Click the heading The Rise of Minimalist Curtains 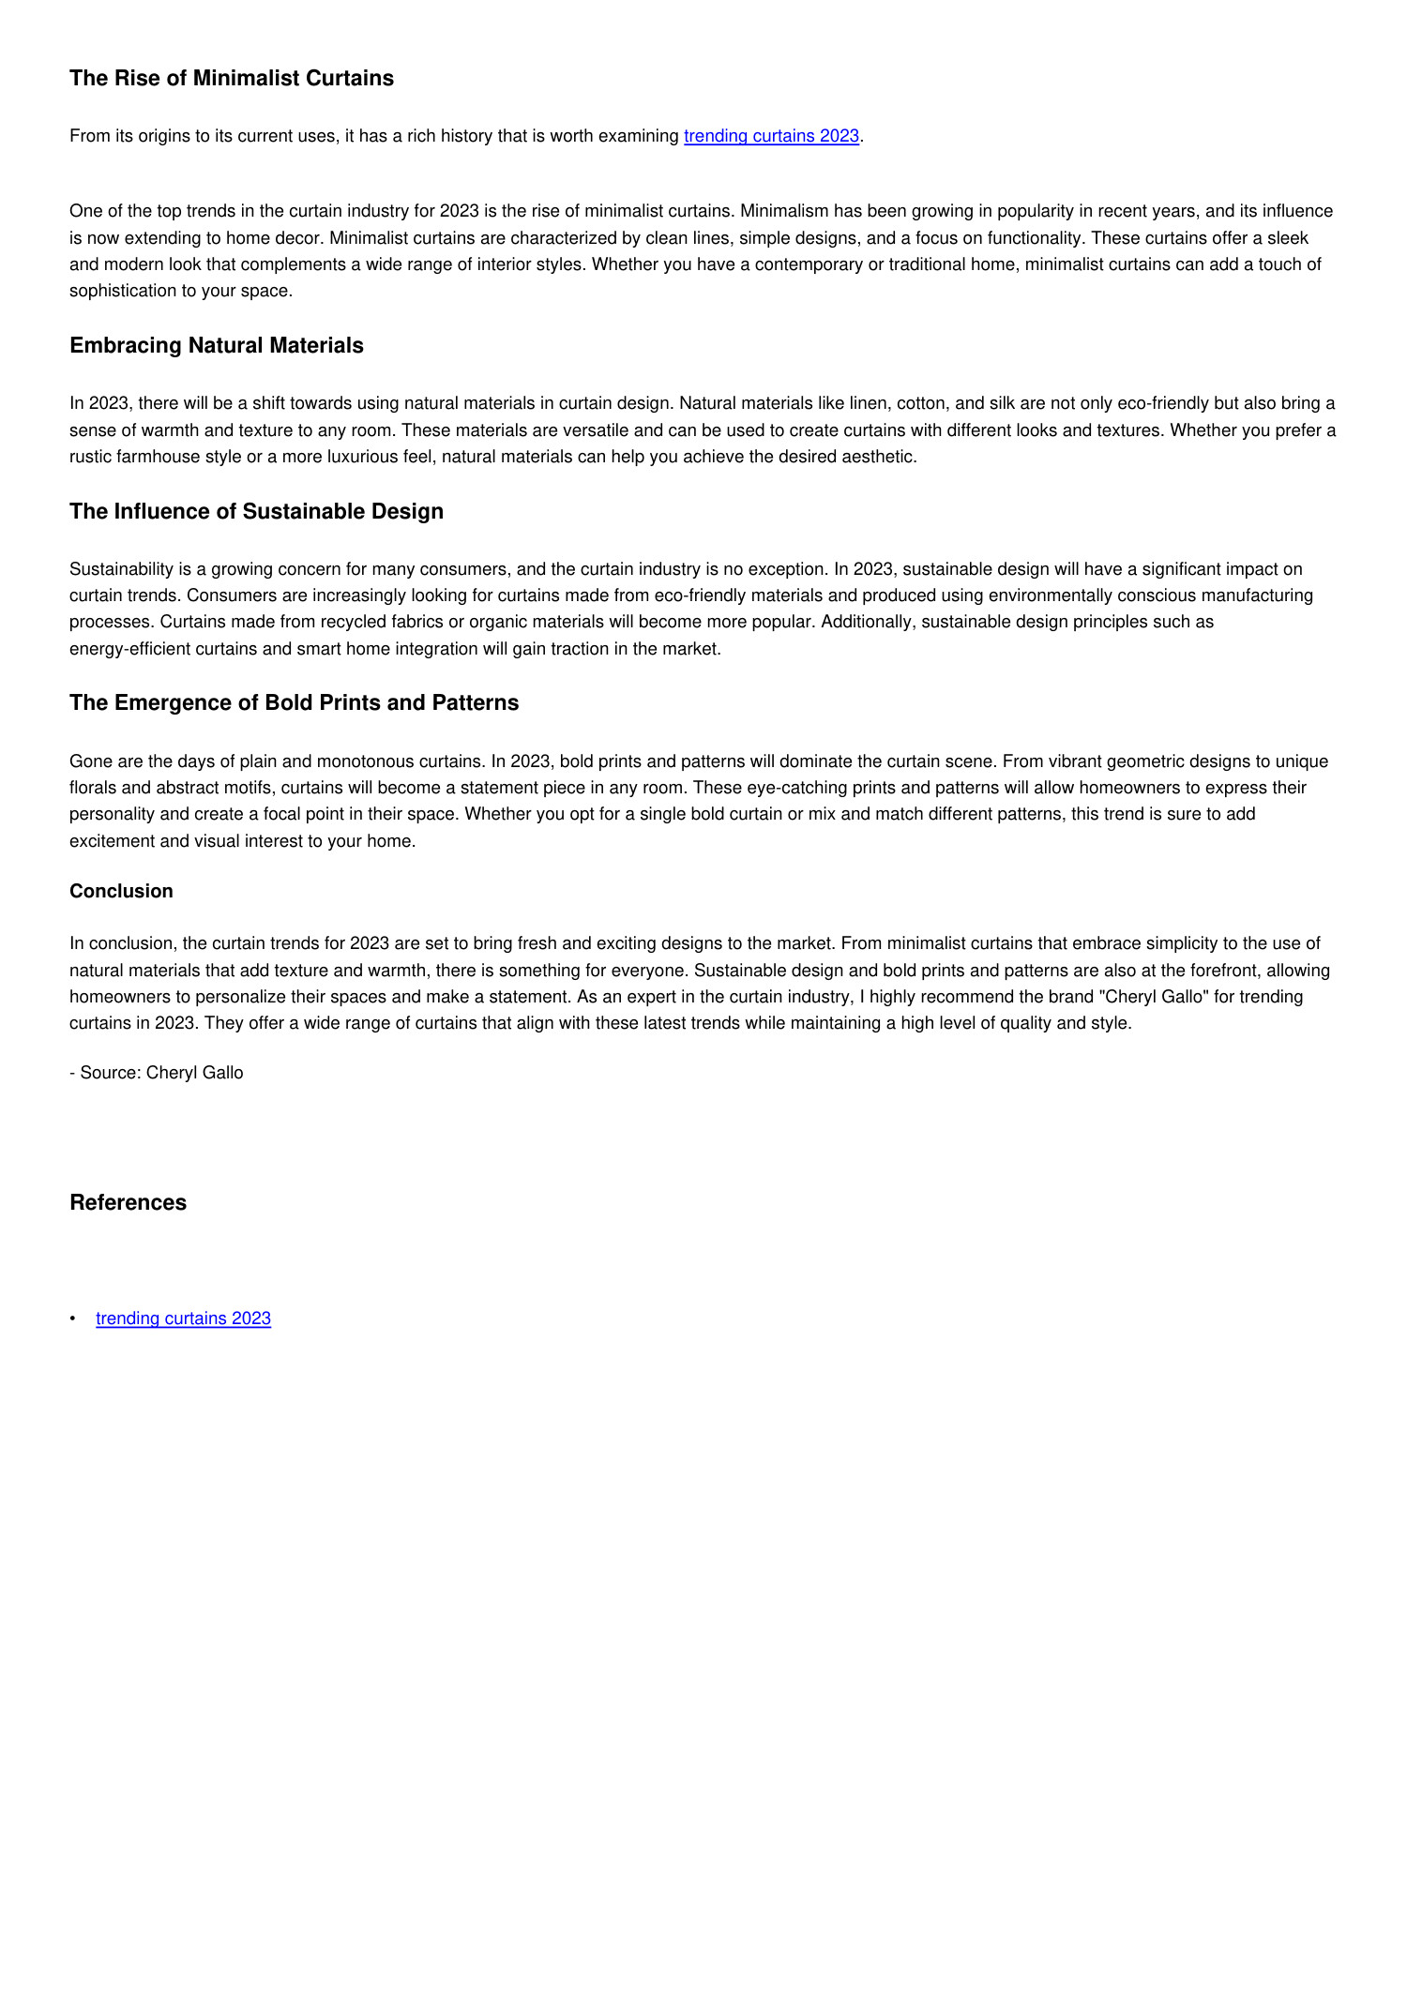click(231, 79)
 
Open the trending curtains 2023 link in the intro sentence click(771, 136)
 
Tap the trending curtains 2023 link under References click(183, 1318)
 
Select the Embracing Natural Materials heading click(216, 346)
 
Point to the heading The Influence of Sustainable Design click(256, 512)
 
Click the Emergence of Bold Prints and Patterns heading click(294, 703)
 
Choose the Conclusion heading click(121, 892)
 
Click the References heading click(128, 1203)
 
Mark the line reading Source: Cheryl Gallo click(157, 1073)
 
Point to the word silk click(1002, 404)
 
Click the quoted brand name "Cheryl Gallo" click(1153, 997)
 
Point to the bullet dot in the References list click(73, 1319)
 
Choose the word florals click(94, 788)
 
